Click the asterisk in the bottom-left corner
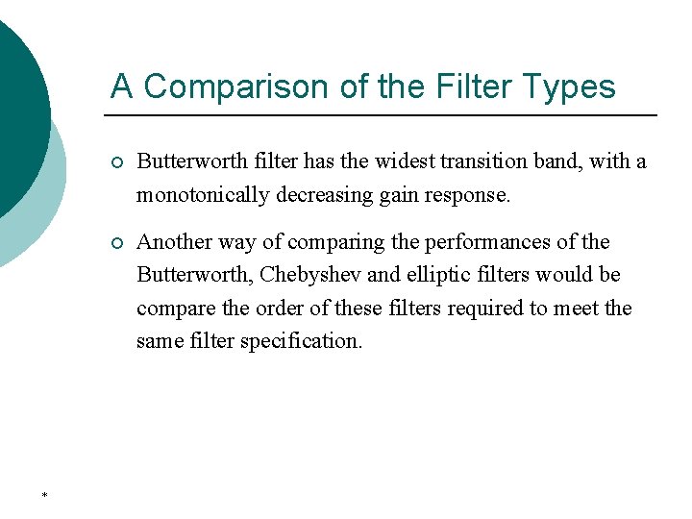(x=45, y=496)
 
